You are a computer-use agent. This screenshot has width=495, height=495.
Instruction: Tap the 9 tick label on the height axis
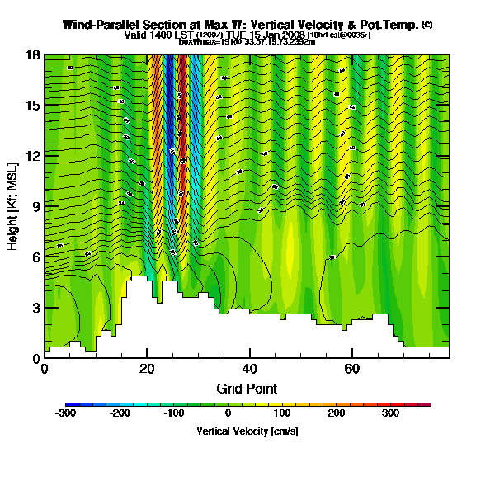coord(36,206)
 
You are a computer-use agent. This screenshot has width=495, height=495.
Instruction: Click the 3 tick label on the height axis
coord(36,308)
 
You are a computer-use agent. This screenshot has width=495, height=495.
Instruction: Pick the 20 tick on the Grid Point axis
coord(147,370)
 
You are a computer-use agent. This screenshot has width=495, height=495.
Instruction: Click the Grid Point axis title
coord(247,389)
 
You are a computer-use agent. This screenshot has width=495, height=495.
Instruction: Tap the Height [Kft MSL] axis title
coord(14,205)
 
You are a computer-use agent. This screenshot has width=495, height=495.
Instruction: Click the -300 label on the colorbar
coord(65,414)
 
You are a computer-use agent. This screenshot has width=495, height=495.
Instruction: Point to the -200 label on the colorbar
coord(120,414)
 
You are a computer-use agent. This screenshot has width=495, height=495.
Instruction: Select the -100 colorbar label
coord(174,414)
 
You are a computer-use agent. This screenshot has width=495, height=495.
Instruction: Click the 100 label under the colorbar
coord(282,414)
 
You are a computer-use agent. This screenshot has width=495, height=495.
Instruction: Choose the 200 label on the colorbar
coord(337,414)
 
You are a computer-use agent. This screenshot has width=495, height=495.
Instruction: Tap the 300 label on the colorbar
coord(390,414)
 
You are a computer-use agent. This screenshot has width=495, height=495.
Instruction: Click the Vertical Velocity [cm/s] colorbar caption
coord(247,431)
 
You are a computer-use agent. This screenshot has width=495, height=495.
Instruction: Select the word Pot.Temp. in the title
coord(388,25)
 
